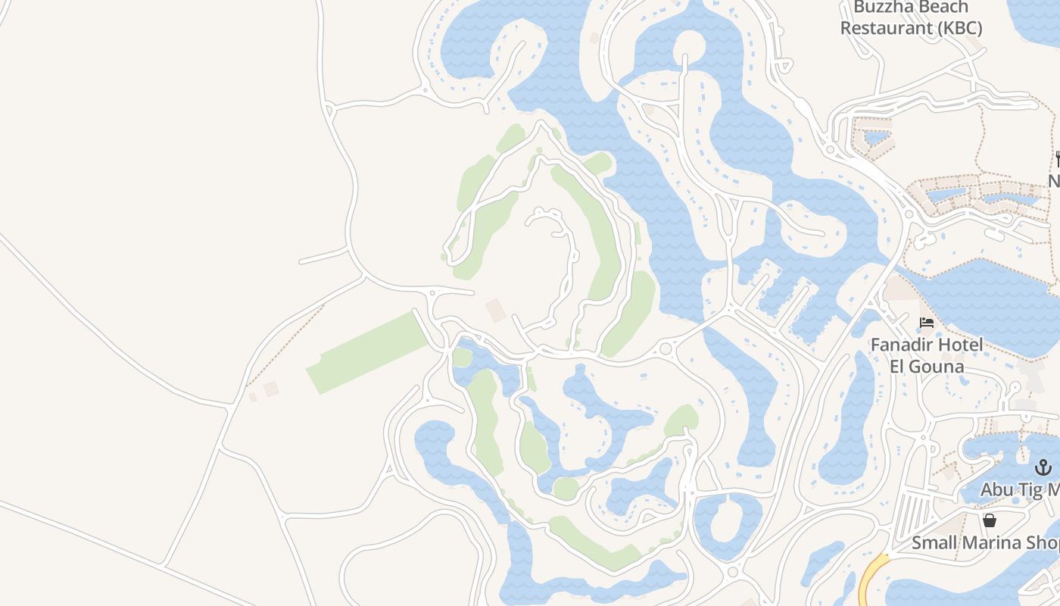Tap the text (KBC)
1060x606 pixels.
(958, 29)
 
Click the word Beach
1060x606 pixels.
(946, 8)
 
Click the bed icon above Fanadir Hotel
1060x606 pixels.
(926, 323)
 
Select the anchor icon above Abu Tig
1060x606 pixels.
(1043, 467)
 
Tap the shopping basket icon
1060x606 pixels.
(989, 520)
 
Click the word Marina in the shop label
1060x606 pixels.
(991, 543)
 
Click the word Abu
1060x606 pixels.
(998, 490)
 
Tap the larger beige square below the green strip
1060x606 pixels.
(271, 389)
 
